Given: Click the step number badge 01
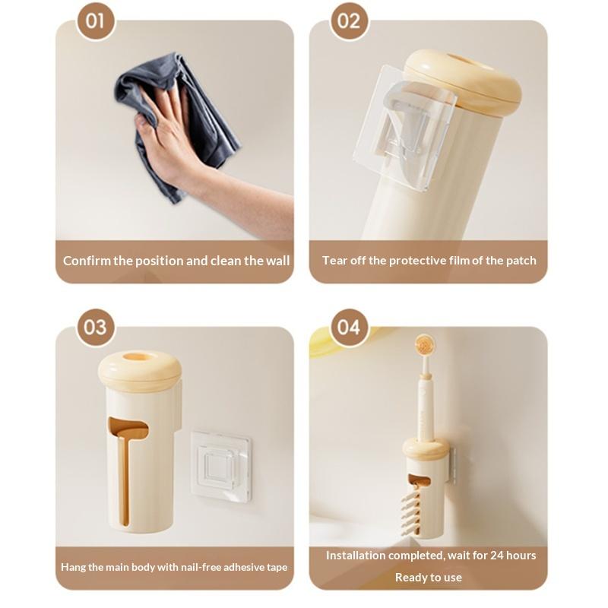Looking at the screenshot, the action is tap(96, 21).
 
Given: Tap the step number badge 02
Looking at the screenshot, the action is tap(349, 21).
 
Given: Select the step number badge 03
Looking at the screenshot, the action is tap(96, 327).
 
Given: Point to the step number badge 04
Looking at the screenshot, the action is tap(349, 327).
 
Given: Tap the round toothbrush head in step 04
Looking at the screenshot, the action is tap(424, 344).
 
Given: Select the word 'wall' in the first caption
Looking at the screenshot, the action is tap(278, 261).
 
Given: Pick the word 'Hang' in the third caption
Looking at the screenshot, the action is tap(73, 567).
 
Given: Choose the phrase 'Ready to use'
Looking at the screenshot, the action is tap(429, 578).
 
